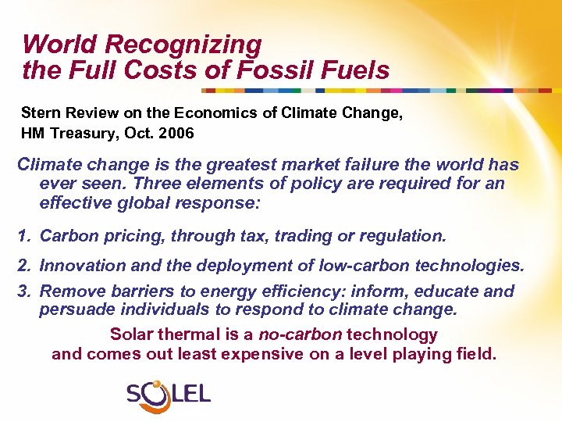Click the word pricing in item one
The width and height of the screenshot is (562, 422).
pos(129,236)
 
